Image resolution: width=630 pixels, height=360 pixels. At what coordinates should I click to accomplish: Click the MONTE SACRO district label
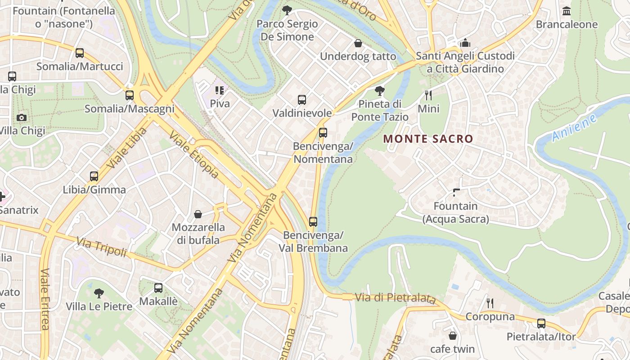click(428, 139)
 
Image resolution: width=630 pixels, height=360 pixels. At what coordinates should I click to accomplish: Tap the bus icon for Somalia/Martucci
click(80, 53)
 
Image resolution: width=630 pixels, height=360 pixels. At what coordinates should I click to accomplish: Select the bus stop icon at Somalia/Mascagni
click(130, 95)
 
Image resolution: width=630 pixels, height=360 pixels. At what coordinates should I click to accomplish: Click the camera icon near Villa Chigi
click(21, 117)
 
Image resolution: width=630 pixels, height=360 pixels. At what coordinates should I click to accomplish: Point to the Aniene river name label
click(574, 128)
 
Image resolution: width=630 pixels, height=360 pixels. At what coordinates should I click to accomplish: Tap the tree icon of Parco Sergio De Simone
click(287, 10)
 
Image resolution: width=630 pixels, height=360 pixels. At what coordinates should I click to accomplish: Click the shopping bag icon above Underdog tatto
click(358, 43)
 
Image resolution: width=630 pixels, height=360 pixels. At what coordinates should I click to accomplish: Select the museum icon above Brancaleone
click(567, 11)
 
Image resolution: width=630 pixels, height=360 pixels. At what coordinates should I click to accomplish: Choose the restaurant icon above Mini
click(428, 95)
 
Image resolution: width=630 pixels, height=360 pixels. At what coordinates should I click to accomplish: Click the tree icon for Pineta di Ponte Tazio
click(380, 91)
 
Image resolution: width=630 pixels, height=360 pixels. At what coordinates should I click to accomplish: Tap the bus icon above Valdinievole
click(302, 100)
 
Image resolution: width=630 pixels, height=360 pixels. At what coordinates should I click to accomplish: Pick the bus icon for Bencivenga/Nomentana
click(323, 133)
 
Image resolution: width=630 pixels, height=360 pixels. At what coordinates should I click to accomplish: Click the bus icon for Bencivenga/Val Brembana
click(313, 222)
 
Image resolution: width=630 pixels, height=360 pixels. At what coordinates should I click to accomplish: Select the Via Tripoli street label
click(102, 247)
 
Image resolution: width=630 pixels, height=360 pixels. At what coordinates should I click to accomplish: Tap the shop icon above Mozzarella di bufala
click(198, 214)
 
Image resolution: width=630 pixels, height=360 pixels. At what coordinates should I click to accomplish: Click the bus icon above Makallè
click(158, 288)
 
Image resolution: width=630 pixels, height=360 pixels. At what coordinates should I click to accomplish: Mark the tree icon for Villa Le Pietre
click(99, 293)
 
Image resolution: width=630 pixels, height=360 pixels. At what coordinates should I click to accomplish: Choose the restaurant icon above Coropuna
click(490, 303)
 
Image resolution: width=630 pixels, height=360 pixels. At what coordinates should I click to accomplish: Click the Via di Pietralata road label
click(396, 298)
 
